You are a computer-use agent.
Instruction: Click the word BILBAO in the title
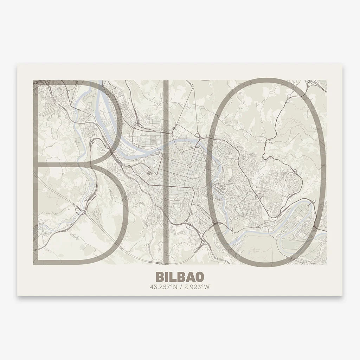point(180,276)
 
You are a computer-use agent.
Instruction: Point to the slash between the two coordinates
point(180,286)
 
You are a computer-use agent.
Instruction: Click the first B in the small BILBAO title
point(157,276)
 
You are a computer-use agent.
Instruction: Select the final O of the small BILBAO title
point(201,276)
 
